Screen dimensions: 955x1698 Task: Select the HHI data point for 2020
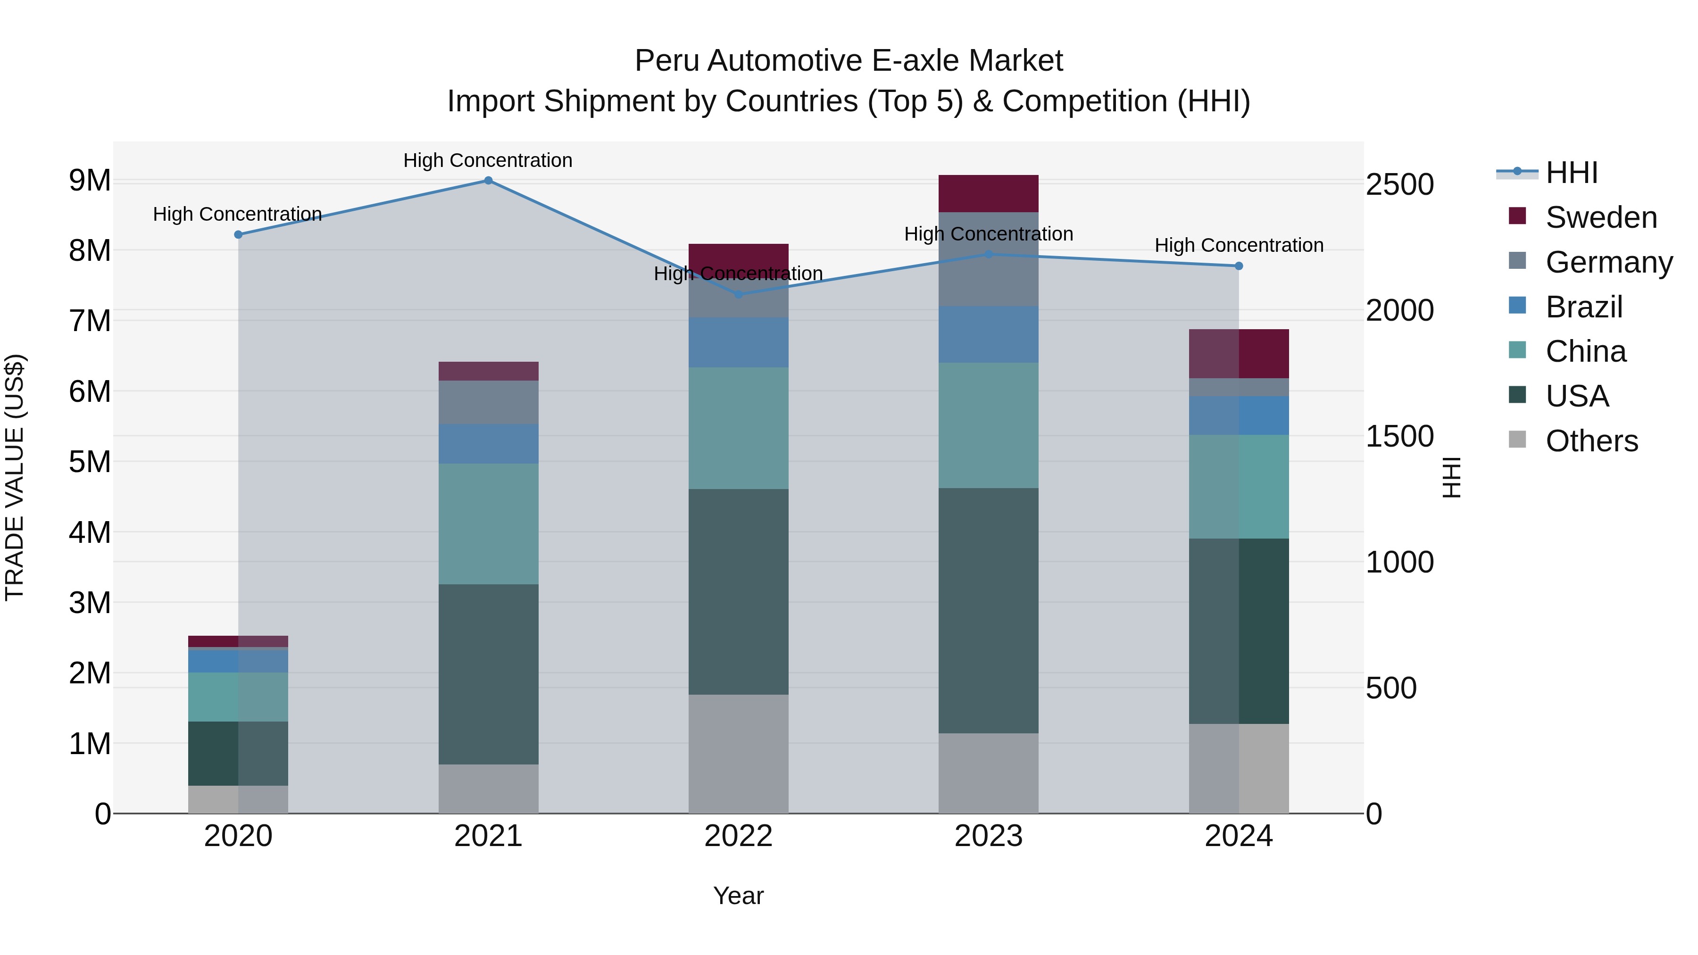pyautogui.click(x=239, y=235)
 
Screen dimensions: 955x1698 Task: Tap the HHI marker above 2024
pyautogui.click(x=1239, y=266)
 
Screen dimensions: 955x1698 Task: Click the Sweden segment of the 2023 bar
pyautogui.click(x=988, y=194)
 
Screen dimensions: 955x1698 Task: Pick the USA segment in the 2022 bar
pyautogui.click(x=738, y=591)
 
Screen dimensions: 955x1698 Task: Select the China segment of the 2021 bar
pyautogui.click(x=489, y=524)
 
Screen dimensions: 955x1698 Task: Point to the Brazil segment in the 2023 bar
pyautogui.click(x=988, y=334)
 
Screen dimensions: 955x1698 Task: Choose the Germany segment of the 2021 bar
pyautogui.click(x=489, y=402)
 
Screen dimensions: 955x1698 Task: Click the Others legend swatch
pyautogui.click(x=1517, y=440)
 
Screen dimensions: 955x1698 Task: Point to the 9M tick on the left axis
pyautogui.click(x=90, y=181)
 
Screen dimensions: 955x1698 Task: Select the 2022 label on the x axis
pyautogui.click(x=738, y=836)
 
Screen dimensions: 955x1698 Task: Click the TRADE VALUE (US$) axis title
pyautogui.click(x=15, y=477)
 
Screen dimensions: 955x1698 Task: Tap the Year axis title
pyautogui.click(x=738, y=896)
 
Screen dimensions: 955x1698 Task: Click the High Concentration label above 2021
pyautogui.click(x=488, y=160)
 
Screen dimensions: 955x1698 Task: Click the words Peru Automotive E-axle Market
pyautogui.click(x=849, y=61)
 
